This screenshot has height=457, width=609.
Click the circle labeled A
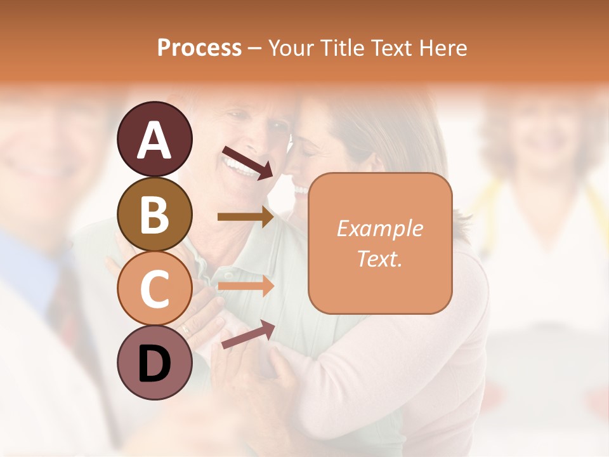click(x=154, y=139)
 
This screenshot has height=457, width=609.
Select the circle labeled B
click(x=154, y=214)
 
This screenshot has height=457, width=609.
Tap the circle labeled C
click(x=154, y=288)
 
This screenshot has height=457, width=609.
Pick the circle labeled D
click(x=154, y=363)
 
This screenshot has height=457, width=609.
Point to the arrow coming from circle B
click(x=246, y=217)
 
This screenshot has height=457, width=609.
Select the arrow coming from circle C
click(x=246, y=286)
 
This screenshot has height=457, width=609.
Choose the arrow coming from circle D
click(x=247, y=334)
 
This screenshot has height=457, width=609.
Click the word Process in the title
click(x=199, y=48)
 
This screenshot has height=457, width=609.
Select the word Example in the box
click(x=379, y=228)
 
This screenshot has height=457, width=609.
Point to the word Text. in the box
click(x=379, y=258)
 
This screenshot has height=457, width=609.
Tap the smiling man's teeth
click(x=237, y=168)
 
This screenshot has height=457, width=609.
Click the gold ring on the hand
click(x=186, y=330)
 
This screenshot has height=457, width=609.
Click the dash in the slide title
click(x=255, y=49)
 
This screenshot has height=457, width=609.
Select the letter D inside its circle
click(x=154, y=364)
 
